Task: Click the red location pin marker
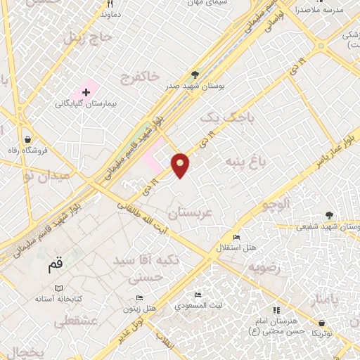[181, 165]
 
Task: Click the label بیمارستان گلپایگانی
[86, 103]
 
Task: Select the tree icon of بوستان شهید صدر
[196, 74]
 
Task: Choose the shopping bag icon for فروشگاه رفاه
[27, 139]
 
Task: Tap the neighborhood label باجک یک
[224, 117]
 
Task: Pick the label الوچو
[276, 206]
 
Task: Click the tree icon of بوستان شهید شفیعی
[330, 215]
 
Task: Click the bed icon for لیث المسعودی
[198, 295]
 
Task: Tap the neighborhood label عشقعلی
[70, 320]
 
